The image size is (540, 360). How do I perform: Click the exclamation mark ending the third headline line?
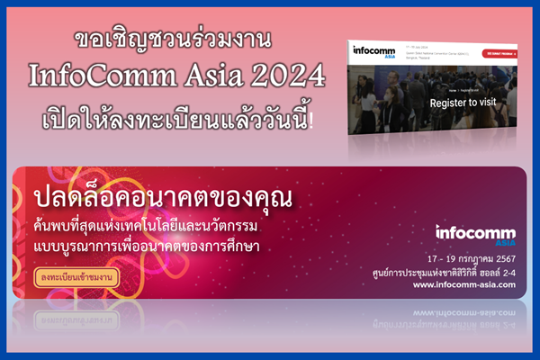point(312,118)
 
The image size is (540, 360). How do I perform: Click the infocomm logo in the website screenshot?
point(369,51)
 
